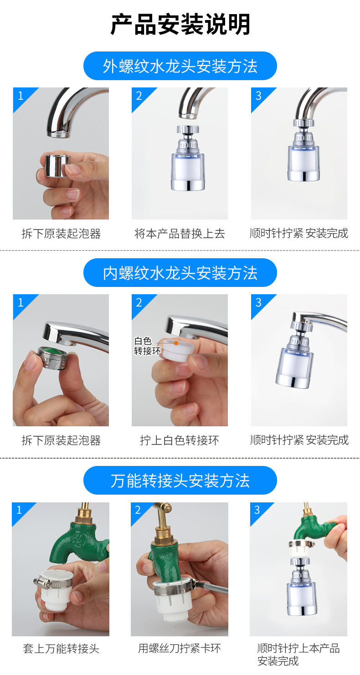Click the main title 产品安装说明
coord(180,24)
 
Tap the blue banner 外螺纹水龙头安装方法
coord(180,66)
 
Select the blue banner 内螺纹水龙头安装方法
coord(180,273)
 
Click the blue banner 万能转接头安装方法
coord(180,481)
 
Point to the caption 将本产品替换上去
coord(180,234)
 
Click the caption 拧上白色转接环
coord(180,440)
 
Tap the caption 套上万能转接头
coord(61,648)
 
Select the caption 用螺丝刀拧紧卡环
coord(180,648)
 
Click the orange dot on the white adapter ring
coord(176,342)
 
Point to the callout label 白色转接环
coord(145,346)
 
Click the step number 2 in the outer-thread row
coord(139,96)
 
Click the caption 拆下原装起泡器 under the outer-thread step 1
coord(61,234)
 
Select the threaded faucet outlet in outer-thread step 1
coord(59,133)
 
